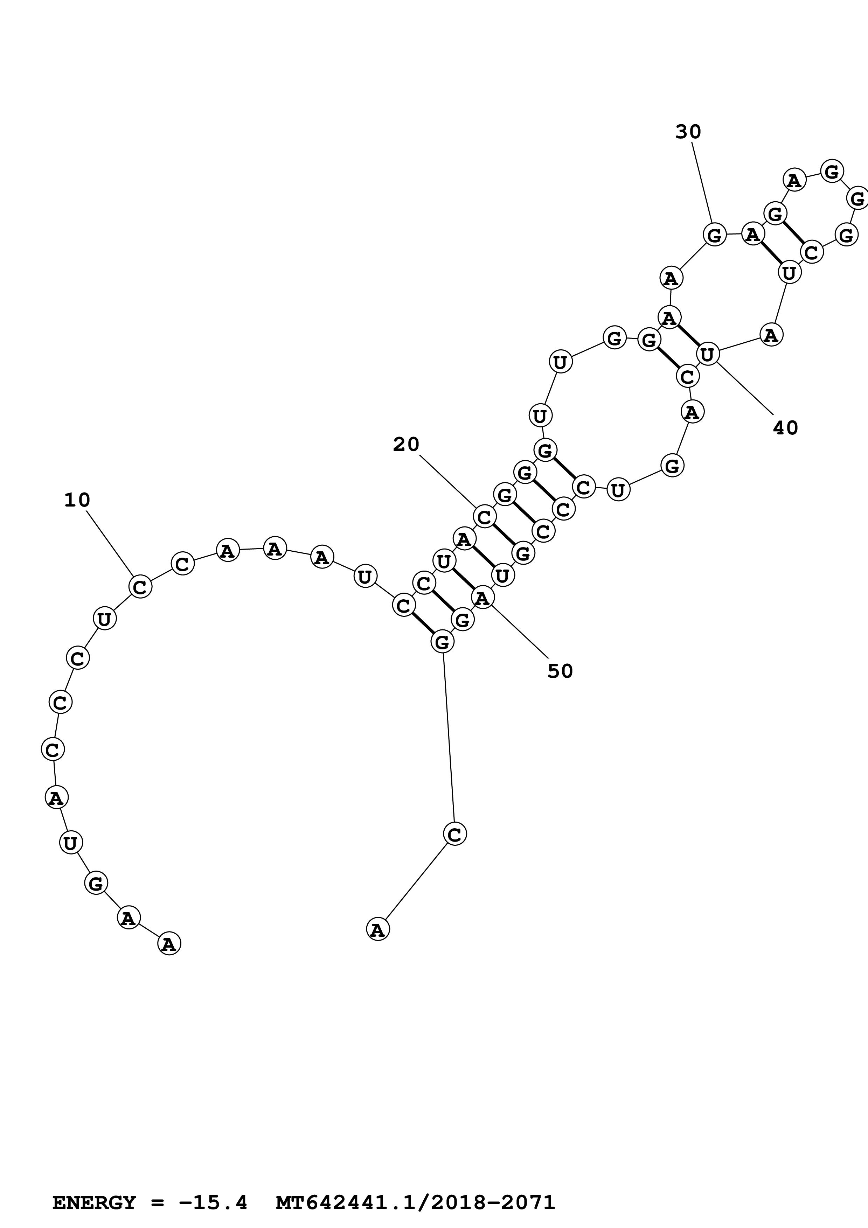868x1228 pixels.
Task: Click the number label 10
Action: coord(77,500)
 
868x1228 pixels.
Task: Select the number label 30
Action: coord(688,132)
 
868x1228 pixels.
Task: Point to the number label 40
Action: coord(785,428)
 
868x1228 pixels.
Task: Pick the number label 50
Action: coord(560,671)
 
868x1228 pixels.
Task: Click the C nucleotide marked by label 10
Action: coord(140,587)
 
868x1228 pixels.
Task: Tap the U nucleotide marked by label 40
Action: coord(708,354)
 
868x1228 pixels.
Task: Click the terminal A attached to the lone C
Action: coord(377,929)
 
